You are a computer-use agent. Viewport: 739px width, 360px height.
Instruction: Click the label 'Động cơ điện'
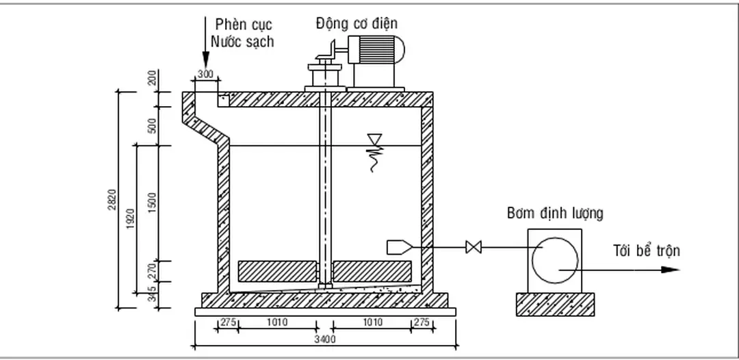[356, 23]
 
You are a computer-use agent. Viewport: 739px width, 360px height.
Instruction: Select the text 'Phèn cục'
[244, 25]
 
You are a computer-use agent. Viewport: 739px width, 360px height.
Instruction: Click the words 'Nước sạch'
[242, 42]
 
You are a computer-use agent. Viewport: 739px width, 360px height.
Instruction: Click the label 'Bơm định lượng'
[555, 213]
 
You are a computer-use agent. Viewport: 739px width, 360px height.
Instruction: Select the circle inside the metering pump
[555, 261]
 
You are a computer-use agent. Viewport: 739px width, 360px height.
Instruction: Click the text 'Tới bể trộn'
[646, 250]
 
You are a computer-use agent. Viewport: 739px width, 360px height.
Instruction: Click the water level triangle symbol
[374, 140]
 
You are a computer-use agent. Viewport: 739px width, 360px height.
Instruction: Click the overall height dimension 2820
[112, 200]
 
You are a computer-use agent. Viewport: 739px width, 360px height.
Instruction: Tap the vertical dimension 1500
[152, 203]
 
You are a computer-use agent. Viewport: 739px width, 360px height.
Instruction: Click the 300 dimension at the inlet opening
[205, 74]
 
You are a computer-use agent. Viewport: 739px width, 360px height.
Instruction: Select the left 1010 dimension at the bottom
[276, 322]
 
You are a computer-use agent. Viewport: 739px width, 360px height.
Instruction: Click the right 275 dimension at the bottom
[422, 322]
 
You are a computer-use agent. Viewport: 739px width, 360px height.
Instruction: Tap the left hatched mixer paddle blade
[276, 272]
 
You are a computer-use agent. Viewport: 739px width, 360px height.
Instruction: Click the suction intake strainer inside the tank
[399, 246]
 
